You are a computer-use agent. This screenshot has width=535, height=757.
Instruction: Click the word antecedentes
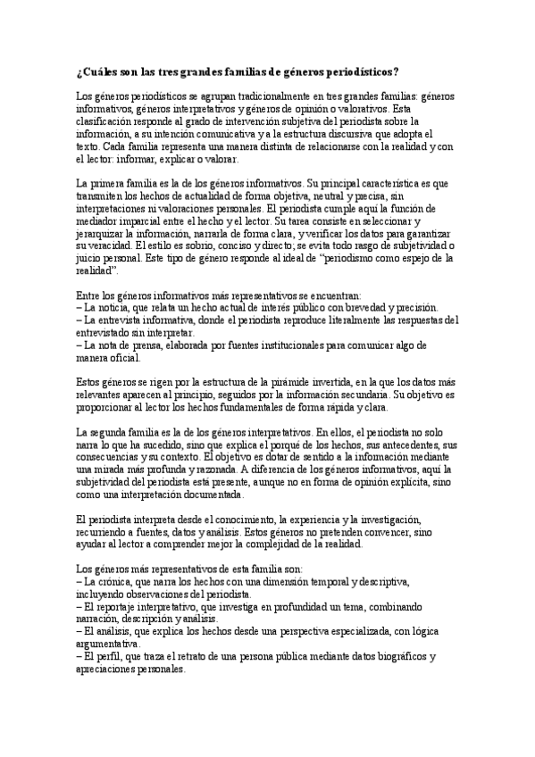403,444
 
